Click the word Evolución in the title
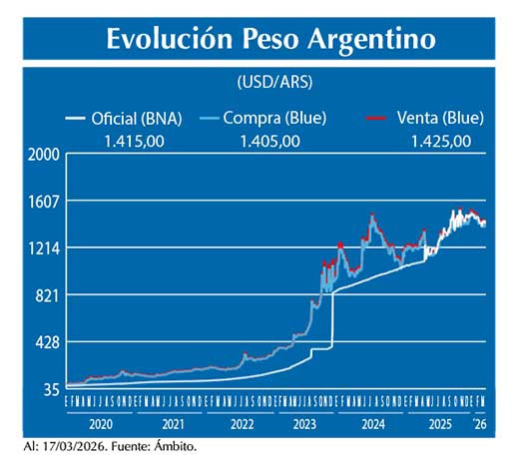[x=166, y=39]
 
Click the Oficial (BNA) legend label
[x=136, y=118]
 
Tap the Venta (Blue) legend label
[x=440, y=118]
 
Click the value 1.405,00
[x=269, y=140]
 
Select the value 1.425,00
[x=440, y=140]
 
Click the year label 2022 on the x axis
[x=241, y=423]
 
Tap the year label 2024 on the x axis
[x=371, y=423]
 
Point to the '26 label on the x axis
[x=479, y=423]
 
